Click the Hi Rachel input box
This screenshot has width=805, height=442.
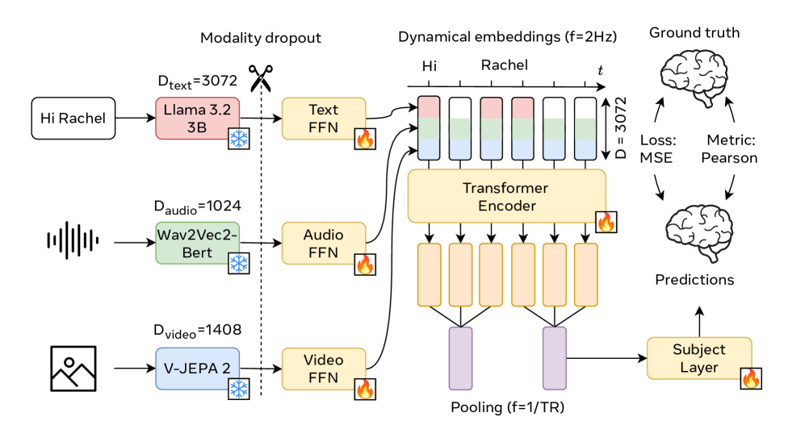(73, 119)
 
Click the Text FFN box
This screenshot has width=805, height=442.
(324, 119)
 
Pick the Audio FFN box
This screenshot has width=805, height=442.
(324, 243)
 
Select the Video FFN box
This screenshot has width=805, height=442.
(324, 368)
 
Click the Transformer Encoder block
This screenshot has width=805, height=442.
(505, 195)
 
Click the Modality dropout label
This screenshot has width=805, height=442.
(261, 38)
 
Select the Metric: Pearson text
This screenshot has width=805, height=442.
(728, 150)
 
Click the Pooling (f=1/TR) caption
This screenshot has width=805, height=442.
(507, 407)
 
